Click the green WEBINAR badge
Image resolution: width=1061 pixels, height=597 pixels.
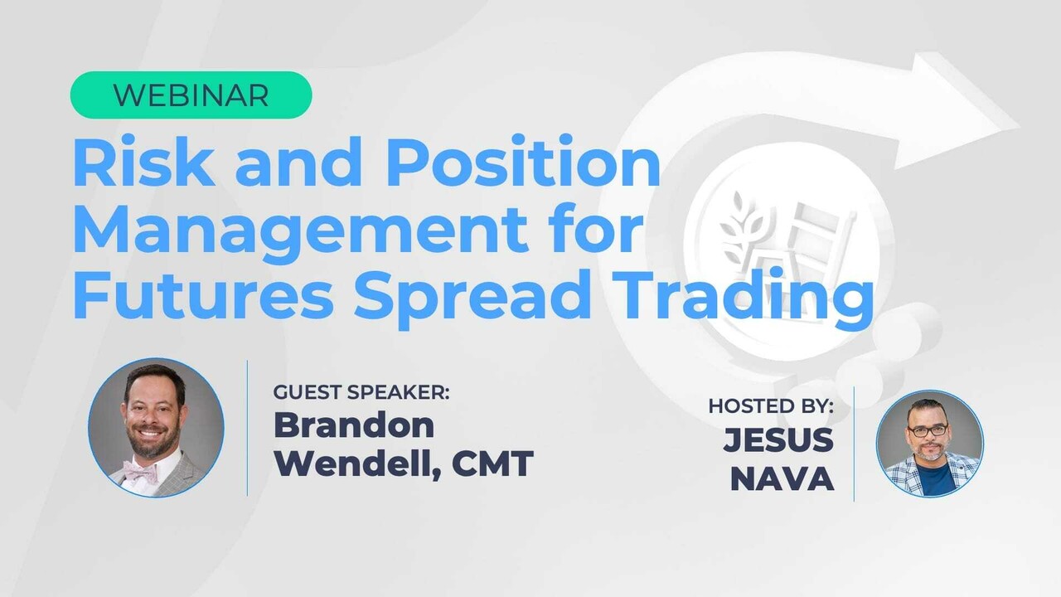[191, 95]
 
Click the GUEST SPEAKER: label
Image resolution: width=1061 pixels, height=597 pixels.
[361, 392]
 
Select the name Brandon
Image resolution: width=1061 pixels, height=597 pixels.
[354, 425]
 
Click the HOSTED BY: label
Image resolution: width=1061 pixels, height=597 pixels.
[771, 406]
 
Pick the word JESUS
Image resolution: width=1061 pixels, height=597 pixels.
[778, 440]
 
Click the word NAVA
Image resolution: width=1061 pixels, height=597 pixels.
[782, 479]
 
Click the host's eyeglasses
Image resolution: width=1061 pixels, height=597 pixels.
[929, 431]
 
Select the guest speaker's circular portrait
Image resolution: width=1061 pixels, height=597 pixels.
[156, 428]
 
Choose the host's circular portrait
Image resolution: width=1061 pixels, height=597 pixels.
[929, 444]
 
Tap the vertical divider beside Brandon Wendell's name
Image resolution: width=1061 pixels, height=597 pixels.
[248, 428]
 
